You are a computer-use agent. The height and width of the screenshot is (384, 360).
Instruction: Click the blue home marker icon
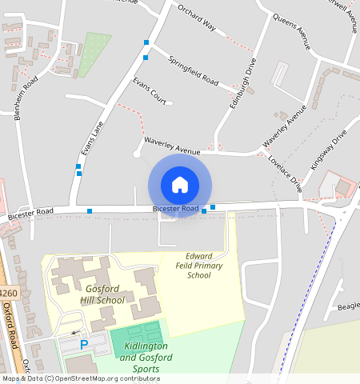(180, 185)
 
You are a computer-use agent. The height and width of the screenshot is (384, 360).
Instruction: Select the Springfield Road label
(193, 70)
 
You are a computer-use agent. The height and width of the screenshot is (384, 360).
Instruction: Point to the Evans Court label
(150, 91)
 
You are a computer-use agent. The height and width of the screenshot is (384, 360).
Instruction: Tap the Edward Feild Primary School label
(198, 266)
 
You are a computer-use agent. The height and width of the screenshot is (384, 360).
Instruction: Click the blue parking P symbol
(84, 345)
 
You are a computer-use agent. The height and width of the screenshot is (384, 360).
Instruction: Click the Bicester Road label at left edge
(30, 214)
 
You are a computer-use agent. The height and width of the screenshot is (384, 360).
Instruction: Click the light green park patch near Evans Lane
(94, 54)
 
